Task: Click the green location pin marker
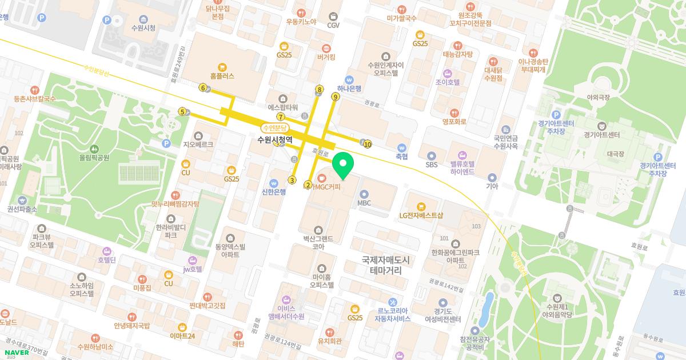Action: pyautogui.click(x=343, y=165)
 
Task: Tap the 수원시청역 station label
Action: pyautogui.click(x=275, y=139)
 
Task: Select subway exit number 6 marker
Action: pyautogui.click(x=203, y=87)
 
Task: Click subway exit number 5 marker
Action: pyautogui.click(x=182, y=111)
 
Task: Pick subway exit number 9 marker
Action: pyautogui.click(x=336, y=97)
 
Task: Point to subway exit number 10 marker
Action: pyautogui.click(x=367, y=144)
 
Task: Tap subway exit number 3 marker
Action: pyautogui.click(x=292, y=180)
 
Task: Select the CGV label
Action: pyautogui.click(x=333, y=25)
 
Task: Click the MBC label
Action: pyautogui.click(x=364, y=202)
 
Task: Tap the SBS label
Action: pyautogui.click(x=431, y=165)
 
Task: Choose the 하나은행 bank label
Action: pyautogui.click(x=349, y=88)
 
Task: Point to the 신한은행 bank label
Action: pyautogui.click(x=273, y=191)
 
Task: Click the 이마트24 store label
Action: pyautogui.click(x=182, y=335)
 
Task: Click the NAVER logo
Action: pyautogui.click(x=17, y=353)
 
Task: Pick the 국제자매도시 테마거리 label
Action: pyautogui.click(x=386, y=264)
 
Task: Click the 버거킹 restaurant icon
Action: pyautogui.click(x=326, y=49)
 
